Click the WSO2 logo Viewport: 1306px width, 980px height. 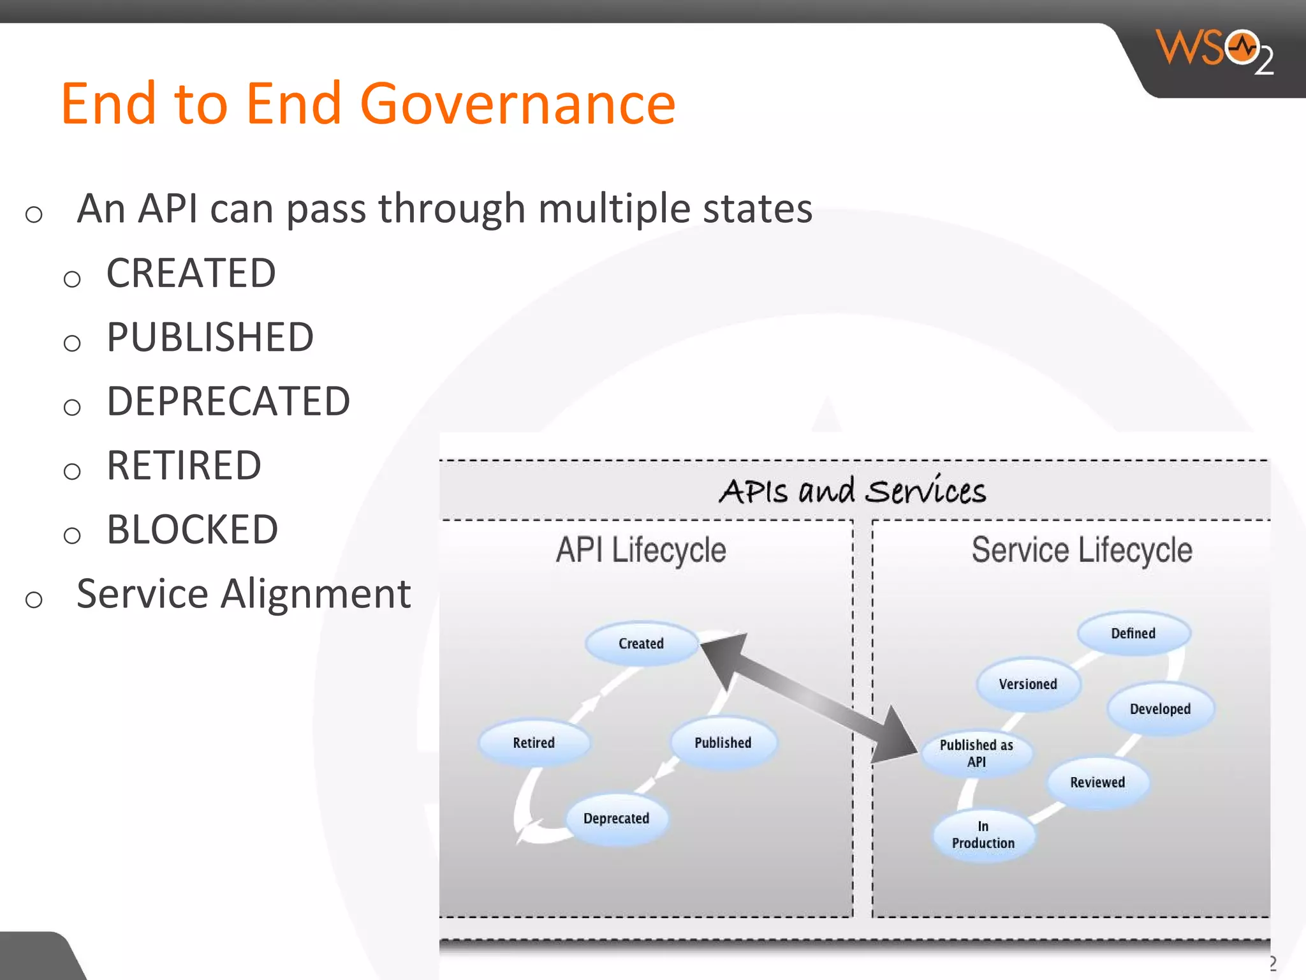click(x=1215, y=51)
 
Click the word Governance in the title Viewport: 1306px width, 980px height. click(x=517, y=104)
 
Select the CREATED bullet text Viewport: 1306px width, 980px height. click(x=191, y=273)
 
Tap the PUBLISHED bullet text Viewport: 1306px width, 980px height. click(x=210, y=337)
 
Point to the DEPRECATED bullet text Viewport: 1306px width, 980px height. click(x=228, y=401)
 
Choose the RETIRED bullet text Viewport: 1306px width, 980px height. click(x=184, y=465)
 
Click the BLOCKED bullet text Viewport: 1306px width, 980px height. click(x=192, y=530)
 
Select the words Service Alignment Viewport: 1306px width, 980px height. click(x=244, y=594)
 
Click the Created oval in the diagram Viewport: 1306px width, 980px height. click(x=641, y=643)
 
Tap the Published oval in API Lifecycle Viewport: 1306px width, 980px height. click(x=723, y=743)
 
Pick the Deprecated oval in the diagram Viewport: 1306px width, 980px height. click(x=616, y=818)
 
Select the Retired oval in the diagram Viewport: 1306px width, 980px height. click(x=534, y=743)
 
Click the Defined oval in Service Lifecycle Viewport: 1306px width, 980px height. click(x=1133, y=633)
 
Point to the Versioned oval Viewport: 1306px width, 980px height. click(x=1028, y=684)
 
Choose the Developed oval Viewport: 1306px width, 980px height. click(x=1160, y=709)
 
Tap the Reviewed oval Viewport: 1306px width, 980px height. click(x=1097, y=782)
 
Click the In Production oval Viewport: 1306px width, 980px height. click(x=983, y=835)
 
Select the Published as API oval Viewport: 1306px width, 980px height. click(x=976, y=753)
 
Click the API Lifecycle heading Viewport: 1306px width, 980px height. click(x=641, y=550)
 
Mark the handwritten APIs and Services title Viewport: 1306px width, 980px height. click(x=853, y=491)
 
